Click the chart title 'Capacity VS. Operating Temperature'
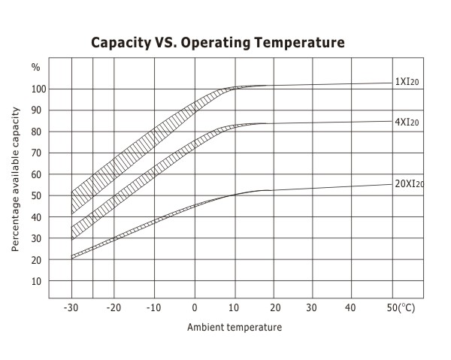(217, 42)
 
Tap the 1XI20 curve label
(407, 82)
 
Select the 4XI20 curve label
(407, 121)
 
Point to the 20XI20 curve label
(409, 183)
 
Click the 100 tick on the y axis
(39, 89)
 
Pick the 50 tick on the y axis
(39, 196)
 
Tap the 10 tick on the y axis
(39, 282)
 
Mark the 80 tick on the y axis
(39, 132)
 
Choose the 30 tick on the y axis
(39, 239)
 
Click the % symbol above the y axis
(35, 67)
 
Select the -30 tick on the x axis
(71, 308)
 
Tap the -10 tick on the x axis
(154, 308)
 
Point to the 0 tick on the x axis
(195, 308)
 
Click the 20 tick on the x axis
(274, 308)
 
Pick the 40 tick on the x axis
(350, 308)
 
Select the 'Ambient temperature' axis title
(235, 328)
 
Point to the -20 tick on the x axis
(114, 308)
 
